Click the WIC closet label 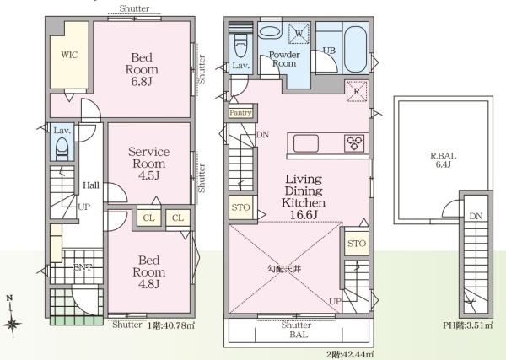coord(69,55)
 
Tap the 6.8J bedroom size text coord(142,81)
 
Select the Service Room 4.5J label coord(148,164)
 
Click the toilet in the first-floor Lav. coord(62,149)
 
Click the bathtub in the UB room coord(355,50)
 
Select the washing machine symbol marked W coord(299,34)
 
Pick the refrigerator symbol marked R coord(357,91)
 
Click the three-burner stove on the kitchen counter coord(354,142)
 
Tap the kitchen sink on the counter coord(306,143)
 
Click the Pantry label coord(240,113)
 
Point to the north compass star coord(11,324)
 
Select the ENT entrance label coord(83,267)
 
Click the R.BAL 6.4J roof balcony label coord(444,160)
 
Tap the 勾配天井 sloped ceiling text coord(284,269)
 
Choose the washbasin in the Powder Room coord(270,31)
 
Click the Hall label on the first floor coord(91,185)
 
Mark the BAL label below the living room coord(299,335)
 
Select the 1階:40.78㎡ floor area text coord(171,325)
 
